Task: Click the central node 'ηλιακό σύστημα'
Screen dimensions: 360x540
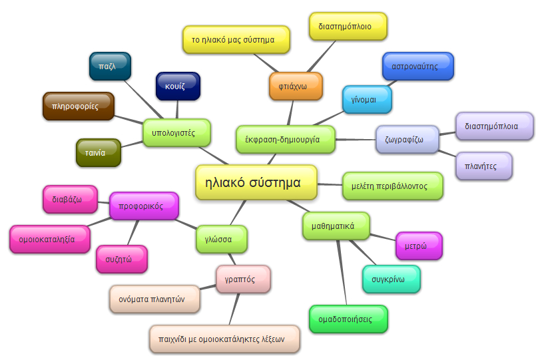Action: click(257, 182)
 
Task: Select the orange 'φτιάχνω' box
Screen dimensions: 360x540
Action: click(296, 86)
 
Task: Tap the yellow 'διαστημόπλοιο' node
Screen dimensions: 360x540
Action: click(349, 27)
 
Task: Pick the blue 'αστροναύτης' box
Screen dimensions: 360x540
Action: click(417, 67)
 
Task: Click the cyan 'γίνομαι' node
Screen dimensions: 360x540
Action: click(366, 99)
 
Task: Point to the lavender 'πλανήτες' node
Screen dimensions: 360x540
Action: click(484, 166)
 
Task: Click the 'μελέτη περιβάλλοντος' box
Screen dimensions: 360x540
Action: click(393, 186)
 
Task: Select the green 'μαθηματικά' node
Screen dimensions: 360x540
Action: click(336, 226)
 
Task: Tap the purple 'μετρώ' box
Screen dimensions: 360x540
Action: click(419, 246)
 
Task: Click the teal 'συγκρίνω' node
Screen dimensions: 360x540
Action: click(391, 279)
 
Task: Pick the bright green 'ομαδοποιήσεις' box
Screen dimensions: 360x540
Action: click(348, 319)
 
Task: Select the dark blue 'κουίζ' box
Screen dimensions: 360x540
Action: click(178, 87)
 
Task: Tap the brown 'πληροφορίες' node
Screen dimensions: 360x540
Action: click(78, 106)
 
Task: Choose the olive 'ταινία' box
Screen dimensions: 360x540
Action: click(98, 152)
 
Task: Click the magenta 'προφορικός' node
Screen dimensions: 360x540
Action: click(144, 206)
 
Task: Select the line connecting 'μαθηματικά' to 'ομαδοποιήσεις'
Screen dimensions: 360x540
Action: click(342, 273)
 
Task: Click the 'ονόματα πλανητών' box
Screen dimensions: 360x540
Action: click(154, 299)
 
